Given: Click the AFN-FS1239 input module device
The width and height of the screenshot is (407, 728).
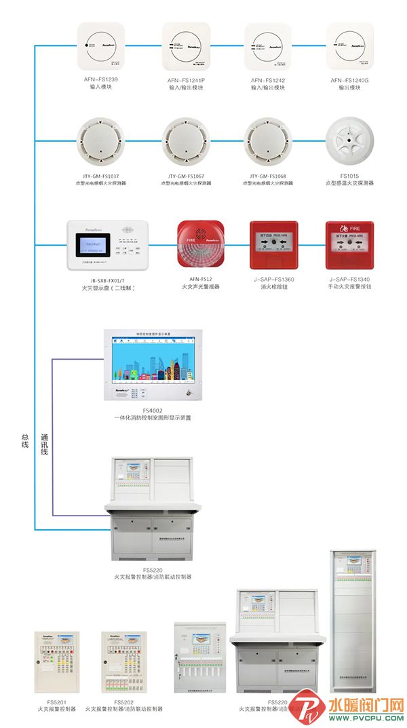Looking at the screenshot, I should tap(100, 47).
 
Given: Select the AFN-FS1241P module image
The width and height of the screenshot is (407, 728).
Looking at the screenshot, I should tap(185, 47).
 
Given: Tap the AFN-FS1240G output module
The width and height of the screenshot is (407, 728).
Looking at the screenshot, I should tap(350, 47).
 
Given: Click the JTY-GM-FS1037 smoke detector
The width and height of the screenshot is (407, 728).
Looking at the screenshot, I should tap(100, 140).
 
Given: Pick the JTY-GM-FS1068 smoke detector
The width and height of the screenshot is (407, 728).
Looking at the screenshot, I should tap(267, 140).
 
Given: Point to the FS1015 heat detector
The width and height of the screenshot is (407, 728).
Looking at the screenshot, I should tap(350, 140).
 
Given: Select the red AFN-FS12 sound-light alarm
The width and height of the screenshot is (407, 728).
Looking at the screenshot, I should tap(199, 244).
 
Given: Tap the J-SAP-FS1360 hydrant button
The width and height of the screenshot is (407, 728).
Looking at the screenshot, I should tap(273, 245).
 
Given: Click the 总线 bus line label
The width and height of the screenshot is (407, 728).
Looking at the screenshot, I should tap(25, 440).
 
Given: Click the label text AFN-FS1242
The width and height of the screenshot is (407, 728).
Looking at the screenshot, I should tap(267, 80).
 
